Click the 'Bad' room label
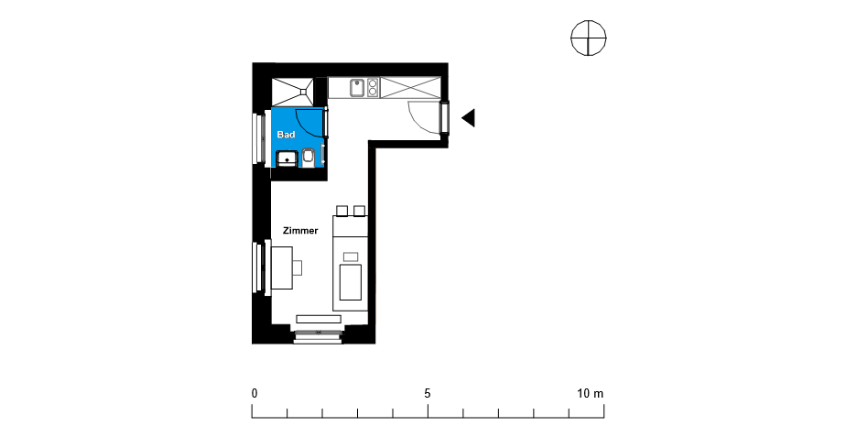click(286, 135)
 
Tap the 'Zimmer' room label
click(300, 231)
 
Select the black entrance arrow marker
click(468, 117)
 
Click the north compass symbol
click(589, 38)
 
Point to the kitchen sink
click(357, 88)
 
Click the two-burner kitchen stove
click(373, 88)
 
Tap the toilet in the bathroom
click(309, 157)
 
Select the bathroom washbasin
click(287, 158)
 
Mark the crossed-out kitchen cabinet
click(410, 88)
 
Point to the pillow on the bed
click(351, 257)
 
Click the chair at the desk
click(298, 268)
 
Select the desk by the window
click(282, 268)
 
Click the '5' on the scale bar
click(428, 393)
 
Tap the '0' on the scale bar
click(255, 393)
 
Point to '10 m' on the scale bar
click(591, 393)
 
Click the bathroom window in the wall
click(255, 137)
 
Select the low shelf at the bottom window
click(319, 319)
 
